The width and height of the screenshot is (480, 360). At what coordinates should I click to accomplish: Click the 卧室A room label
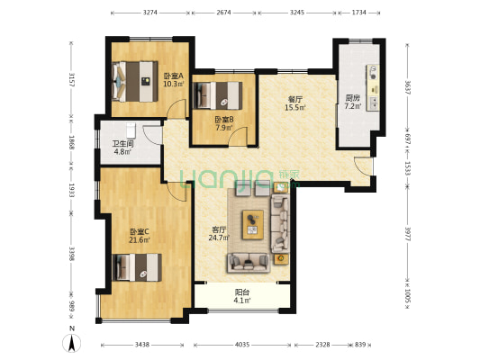point(174,76)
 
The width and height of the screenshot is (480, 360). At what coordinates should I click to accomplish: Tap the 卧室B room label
point(224,119)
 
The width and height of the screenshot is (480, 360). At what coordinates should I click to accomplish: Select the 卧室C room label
point(140,232)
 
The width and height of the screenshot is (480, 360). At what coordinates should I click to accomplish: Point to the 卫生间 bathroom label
point(122,144)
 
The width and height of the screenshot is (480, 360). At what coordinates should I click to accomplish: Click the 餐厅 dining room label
point(295,100)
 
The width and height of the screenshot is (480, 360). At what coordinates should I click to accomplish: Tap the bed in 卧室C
point(136,267)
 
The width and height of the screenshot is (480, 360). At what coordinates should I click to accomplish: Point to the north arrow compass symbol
point(72,342)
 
